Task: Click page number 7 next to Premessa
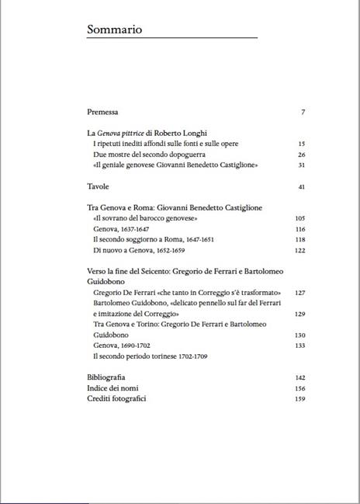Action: tap(303, 113)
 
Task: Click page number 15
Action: tap(301, 144)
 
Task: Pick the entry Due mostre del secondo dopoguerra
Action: tap(140, 155)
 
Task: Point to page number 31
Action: tap(301, 165)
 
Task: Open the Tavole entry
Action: tap(98, 187)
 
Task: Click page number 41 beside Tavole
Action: tap(301, 187)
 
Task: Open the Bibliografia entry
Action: tap(106, 377)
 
